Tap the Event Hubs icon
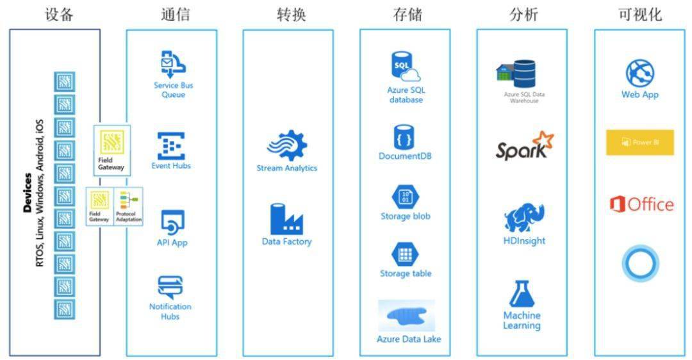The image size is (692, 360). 171,146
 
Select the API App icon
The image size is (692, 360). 172,223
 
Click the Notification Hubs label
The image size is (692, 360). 170,311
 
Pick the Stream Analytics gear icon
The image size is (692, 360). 287,145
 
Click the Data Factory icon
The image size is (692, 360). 286,220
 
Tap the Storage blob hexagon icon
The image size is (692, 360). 405,197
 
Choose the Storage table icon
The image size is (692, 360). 405,254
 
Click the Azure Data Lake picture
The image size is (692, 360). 407,316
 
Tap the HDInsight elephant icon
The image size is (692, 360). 524,218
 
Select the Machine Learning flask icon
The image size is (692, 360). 522,293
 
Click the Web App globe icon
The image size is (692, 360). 640,73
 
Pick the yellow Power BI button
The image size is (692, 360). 640,142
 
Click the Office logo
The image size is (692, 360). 641,204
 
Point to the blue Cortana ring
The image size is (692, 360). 640,265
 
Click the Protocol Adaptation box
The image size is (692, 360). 129,206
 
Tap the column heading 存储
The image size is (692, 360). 408,15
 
